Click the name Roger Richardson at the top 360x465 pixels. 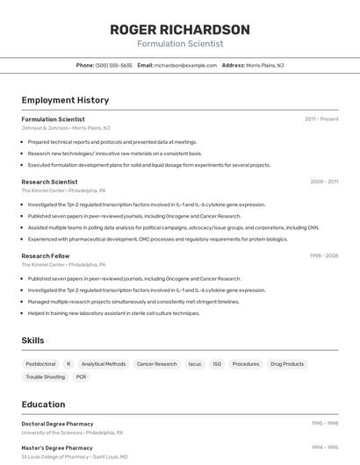coord(180,29)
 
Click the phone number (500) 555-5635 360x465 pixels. coord(114,65)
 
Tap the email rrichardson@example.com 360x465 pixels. coord(185,65)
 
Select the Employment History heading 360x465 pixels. coord(65,101)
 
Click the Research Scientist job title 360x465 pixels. coord(49,182)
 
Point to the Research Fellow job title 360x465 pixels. coord(47,255)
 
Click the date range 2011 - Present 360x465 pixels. coord(321,118)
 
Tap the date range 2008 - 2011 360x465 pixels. coord(324,182)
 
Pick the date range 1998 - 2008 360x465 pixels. coord(323,255)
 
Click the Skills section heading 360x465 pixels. coord(32,340)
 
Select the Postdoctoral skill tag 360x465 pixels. coord(40,364)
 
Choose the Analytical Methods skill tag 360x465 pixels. coord(104,364)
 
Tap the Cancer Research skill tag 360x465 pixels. coord(157,364)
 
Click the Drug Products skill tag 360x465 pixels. coord(287,364)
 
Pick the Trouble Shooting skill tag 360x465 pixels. coord(45,377)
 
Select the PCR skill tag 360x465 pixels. coord(82,377)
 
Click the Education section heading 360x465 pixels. coord(43,404)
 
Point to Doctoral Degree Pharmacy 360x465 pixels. coord(58,423)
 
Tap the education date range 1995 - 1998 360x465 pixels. coord(325,423)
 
